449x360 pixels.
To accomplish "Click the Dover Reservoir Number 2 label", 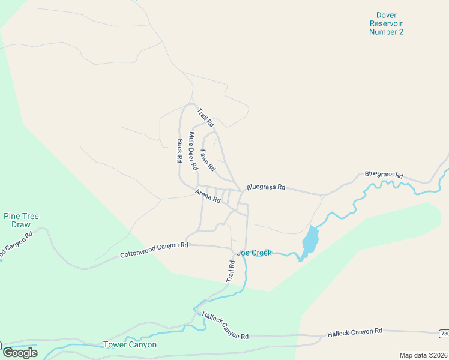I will [386, 23].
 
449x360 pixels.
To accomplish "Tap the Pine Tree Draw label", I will [21, 220].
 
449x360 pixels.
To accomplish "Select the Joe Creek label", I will [254, 253].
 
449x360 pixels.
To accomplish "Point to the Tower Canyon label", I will [130, 344].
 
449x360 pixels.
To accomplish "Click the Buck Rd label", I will [179, 151].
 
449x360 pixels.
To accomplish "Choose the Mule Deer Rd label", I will [193, 151].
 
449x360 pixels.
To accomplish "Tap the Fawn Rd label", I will [208, 160].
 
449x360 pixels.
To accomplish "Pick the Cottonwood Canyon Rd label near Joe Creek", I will [154, 250].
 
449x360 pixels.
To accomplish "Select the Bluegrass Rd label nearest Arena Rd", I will [265, 187].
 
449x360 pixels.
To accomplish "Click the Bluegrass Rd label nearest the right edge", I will [384, 175].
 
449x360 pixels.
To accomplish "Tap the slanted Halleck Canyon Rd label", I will [225, 325].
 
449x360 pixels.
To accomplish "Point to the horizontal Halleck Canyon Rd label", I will [354, 331].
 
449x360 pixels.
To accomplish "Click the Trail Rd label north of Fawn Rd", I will [206, 116].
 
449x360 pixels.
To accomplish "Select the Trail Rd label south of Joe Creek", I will [230, 272].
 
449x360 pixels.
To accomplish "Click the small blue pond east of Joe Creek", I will [310, 240].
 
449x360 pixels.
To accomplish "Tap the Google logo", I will [19, 352].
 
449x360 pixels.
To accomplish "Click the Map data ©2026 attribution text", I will [423, 355].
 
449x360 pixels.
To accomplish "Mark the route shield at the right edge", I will [444, 334].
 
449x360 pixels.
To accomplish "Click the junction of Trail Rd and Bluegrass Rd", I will [242, 191].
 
